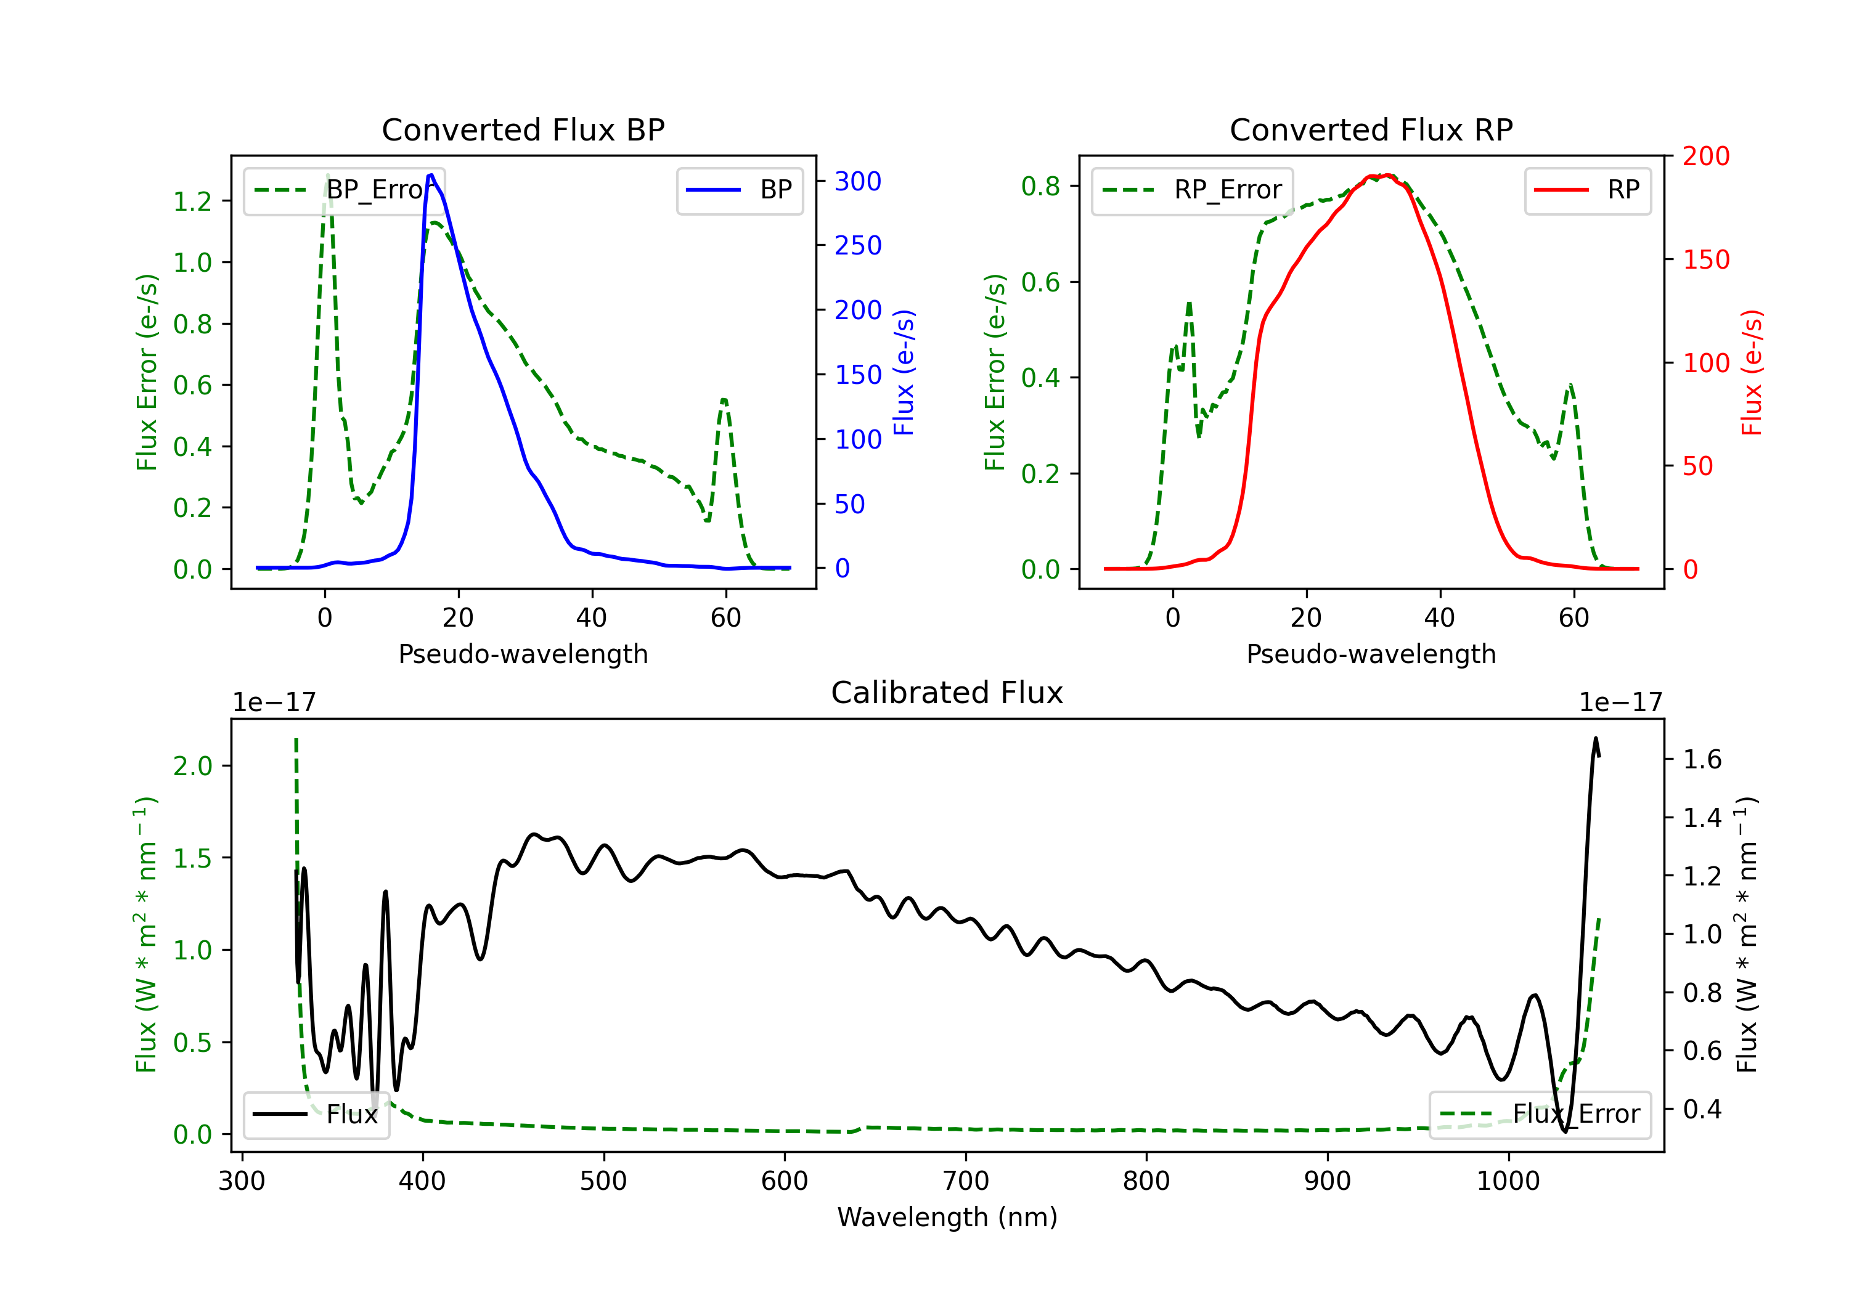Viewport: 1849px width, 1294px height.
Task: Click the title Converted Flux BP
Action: point(523,129)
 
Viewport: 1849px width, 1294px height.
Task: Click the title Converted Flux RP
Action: point(1371,129)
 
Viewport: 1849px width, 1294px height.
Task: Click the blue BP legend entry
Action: point(739,190)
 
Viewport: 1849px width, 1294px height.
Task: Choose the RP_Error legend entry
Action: point(1192,190)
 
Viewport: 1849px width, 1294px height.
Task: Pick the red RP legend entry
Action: point(1587,190)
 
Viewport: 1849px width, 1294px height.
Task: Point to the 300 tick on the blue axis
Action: point(858,181)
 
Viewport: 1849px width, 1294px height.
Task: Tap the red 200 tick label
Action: point(1705,157)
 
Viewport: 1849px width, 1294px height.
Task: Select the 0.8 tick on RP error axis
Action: point(1040,186)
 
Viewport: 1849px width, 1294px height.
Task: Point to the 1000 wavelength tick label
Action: point(1508,1181)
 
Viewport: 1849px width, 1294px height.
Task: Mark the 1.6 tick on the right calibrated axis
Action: point(1702,759)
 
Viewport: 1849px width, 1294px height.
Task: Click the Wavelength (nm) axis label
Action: point(947,1217)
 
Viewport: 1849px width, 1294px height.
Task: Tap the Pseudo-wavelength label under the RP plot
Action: point(1371,654)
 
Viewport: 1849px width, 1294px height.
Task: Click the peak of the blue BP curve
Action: point(431,175)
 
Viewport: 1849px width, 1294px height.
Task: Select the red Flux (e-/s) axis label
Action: point(1752,372)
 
